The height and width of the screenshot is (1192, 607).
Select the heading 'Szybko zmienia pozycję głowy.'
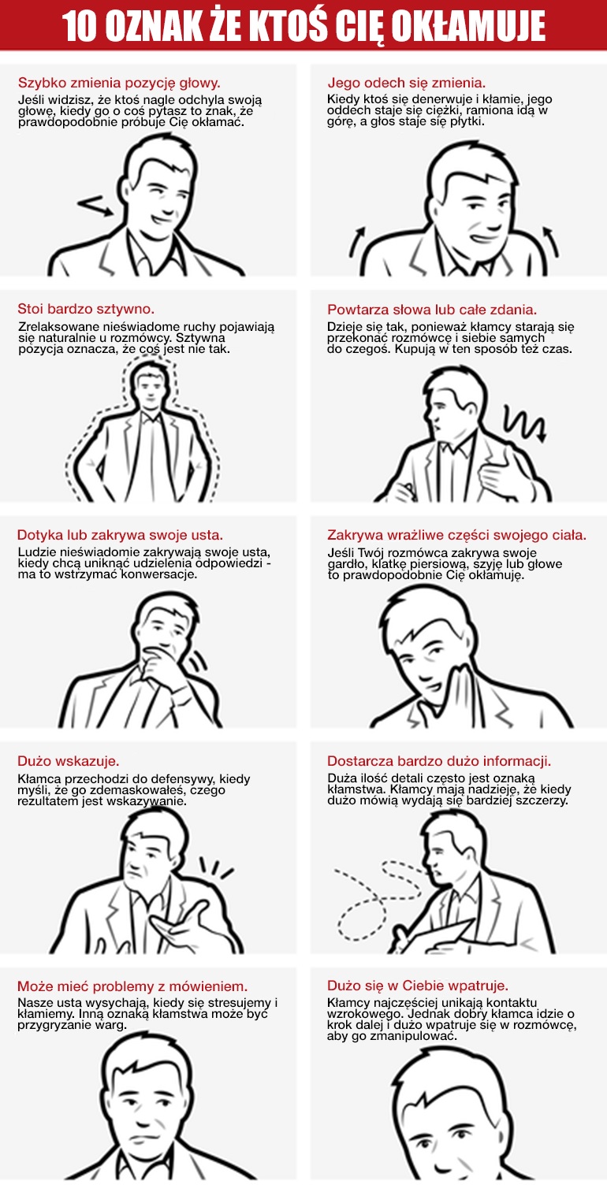click(119, 83)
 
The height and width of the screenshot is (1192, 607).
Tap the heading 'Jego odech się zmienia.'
click(406, 83)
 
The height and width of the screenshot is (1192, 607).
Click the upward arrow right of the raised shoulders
click(550, 241)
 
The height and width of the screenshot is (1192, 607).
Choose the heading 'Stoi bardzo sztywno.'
click(86, 309)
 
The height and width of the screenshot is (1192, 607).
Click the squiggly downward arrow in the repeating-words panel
click(525, 423)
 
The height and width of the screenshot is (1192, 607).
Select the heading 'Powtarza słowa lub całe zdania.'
click(432, 309)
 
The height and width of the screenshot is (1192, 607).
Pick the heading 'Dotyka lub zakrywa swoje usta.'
click(120, 535)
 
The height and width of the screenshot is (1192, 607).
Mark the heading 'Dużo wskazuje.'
click(68, 761)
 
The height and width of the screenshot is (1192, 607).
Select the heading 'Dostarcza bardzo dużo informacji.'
click(439, 761)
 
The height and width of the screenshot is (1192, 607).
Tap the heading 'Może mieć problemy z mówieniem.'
click(132, 986)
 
